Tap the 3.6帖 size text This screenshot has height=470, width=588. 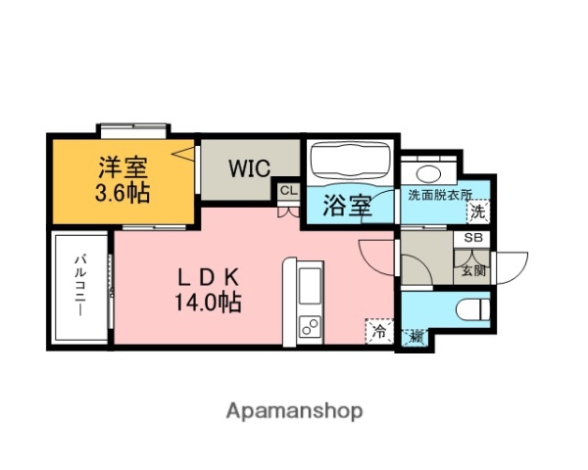[x=122, y=193]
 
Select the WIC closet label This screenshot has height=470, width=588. [x=250, y=167]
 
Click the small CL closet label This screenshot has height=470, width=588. [x=288, y=191]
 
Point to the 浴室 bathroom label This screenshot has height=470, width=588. [x=346, y=206]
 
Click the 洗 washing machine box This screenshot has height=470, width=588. [x=476, y=211]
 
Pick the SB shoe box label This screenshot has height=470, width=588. [x=473, y=239]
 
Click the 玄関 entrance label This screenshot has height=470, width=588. [x=473, y=270]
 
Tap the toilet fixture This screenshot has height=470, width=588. [x=472, y=310]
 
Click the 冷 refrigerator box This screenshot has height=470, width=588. [x=379, y=331]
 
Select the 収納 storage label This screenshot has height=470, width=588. [x=416, y=337]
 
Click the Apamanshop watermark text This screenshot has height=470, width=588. [x=294, y=411]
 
